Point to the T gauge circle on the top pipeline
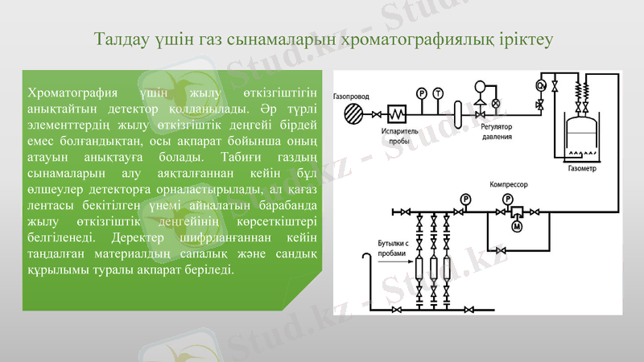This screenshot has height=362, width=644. point(437,93)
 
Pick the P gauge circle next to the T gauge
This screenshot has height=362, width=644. point(421,93)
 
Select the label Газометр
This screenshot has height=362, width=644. point(581,169)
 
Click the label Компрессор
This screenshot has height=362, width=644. point(508,184)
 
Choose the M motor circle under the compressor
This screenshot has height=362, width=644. point(517,227)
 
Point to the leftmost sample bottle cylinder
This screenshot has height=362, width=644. point(419,269)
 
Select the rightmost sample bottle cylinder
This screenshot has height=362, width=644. point(448,269)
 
